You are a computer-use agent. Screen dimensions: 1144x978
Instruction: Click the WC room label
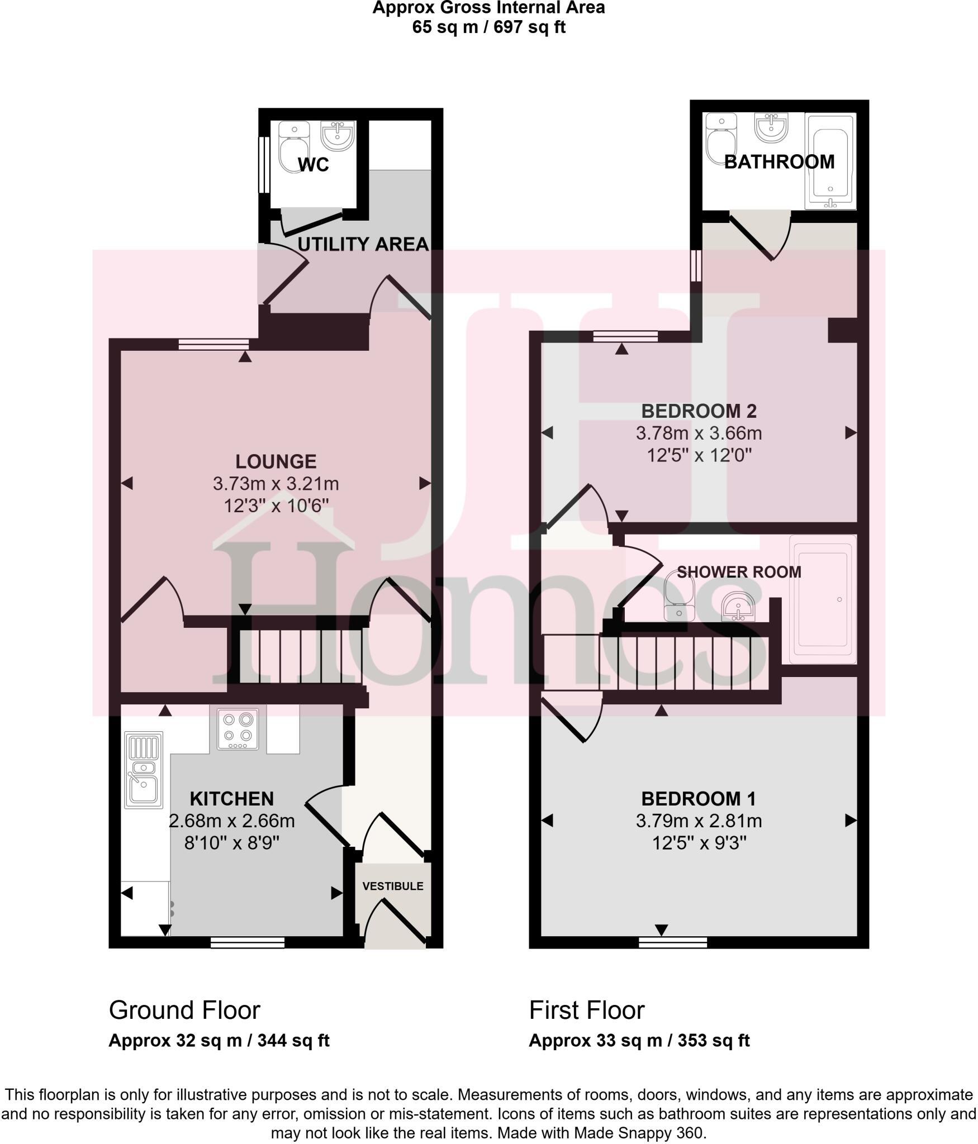(313, 165)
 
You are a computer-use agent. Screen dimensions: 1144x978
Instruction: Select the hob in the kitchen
(238, 728)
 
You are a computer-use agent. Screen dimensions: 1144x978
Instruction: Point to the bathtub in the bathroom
(830, 162)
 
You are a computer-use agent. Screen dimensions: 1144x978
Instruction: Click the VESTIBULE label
(393, 886)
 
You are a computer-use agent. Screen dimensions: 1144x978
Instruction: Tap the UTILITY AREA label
(363, 244)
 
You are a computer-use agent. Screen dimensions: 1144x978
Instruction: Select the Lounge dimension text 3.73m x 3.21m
(276, 483)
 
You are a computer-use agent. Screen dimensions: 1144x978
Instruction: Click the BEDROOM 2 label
(699, 411)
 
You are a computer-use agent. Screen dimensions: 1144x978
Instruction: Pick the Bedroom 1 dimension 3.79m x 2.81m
(699, 821)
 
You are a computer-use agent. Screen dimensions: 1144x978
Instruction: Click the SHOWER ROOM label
(739, 571)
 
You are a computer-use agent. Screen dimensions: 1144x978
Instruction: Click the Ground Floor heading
(184, 1010)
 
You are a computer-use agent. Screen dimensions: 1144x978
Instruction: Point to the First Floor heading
(587, 1010)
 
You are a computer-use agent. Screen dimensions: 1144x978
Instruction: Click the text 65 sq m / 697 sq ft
(488, 27)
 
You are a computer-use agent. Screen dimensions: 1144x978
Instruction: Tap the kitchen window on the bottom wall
(248, 942)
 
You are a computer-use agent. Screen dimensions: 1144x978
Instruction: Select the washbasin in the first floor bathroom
(772, 127)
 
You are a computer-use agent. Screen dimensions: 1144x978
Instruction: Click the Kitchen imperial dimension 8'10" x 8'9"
(232, 843)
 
